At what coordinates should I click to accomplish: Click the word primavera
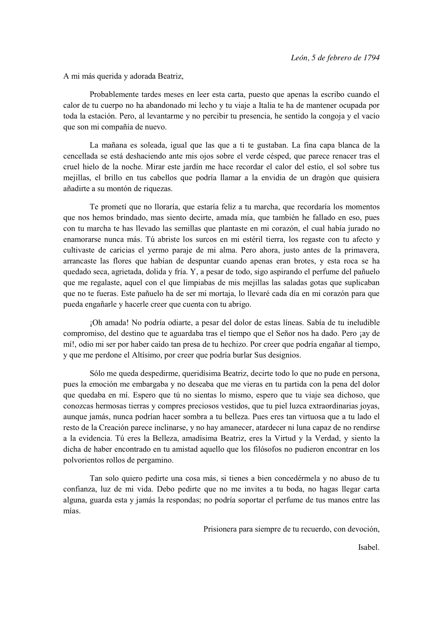tap(363, 250)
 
